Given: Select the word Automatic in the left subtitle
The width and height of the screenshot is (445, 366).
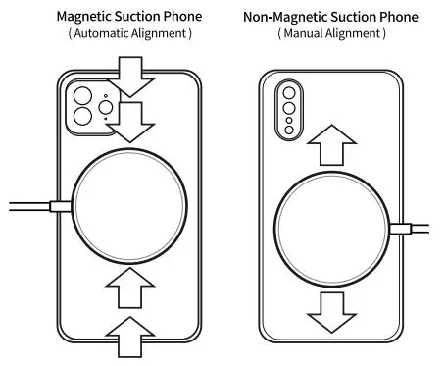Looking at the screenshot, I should tap(104, 33).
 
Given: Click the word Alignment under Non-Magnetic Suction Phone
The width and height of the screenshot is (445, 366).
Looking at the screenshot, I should tap(358, 33).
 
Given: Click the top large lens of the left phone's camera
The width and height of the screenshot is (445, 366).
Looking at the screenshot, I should tap(82, 96).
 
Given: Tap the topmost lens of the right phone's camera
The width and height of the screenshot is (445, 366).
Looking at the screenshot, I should tap(288, 93).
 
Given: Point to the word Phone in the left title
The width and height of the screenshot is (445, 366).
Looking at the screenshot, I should tap(184, 17).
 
